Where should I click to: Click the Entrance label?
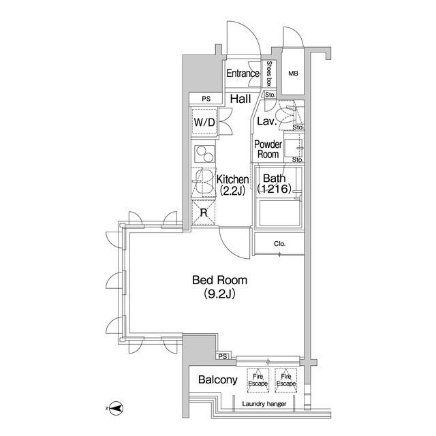click(243, 74)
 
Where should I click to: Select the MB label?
click(293, 74)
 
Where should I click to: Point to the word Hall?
click(239, 99)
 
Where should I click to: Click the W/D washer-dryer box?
click(204, 123)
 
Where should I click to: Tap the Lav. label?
click(266, 122)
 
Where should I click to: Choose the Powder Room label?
click(268, 149)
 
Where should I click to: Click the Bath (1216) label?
click(277, 183)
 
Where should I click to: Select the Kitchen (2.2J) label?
click(232, 185)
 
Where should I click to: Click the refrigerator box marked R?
click(203, 212)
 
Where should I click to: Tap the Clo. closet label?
click(279, 244)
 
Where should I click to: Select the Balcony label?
click(218, 380)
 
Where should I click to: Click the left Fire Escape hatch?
click(258, 380)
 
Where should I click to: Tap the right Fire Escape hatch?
click(286, 380)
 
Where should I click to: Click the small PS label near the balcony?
click(222, 356)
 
